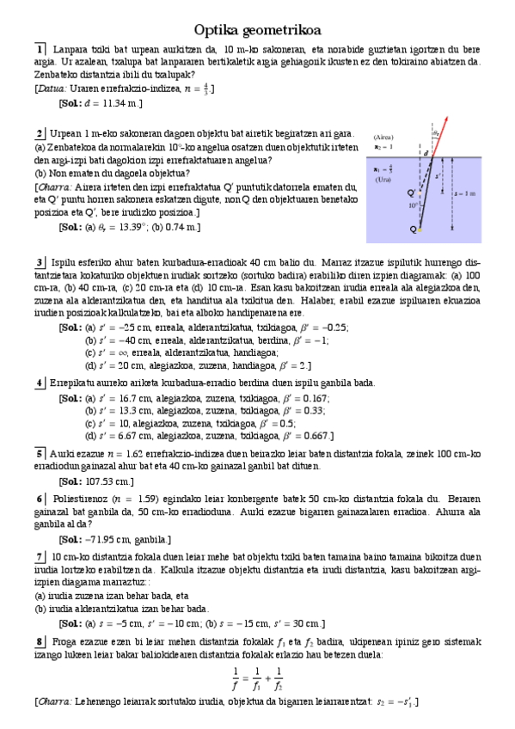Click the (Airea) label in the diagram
[x=384, y=137]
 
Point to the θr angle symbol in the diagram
[x=437, y=133]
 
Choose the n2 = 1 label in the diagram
[x=383, y=148]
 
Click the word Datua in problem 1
[x=52, y=89]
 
